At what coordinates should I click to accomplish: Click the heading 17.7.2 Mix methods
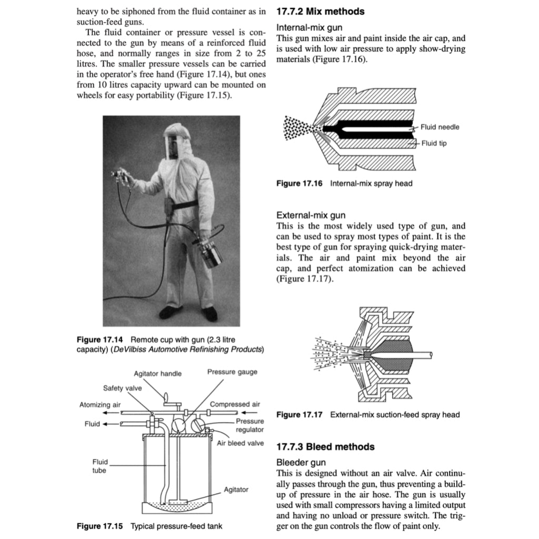click(x=320, y=11)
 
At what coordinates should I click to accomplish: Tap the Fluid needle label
click(x=440, y=127)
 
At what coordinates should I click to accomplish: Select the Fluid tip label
click(x=434, y=143)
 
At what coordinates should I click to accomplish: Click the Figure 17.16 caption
click(x=344, y=184)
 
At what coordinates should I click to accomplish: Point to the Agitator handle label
click(x=157, y=373)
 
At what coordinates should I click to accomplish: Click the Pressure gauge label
click(x=232, y=372)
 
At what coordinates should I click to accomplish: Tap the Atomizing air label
click(x=100, y=405)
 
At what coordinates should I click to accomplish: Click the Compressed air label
click(x=235, y=404)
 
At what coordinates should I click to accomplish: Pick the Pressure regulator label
click(x=249, y=425)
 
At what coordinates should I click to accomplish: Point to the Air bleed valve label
click(x=240, y=443)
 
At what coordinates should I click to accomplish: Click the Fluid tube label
click(x=100, y=466)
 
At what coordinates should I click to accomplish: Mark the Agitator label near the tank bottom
click(x=236, y=490)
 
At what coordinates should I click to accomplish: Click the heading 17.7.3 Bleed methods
click(x=325, y=447)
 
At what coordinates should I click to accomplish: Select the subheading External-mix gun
click(x=311, y=215)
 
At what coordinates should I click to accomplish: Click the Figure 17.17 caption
click(x=368, y=415)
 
